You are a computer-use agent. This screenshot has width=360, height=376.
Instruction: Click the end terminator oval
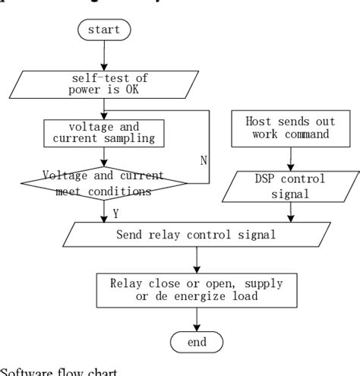pyautogui.click(x=196, y=342)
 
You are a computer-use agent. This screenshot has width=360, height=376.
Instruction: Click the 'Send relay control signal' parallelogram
pyautogui.click(x=196, y=234)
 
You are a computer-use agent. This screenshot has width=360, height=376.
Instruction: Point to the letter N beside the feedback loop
pyautogui.click(x=203, y=161)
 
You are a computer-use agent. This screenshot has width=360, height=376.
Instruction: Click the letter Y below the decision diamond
pyautogui.click(x=115, y=214)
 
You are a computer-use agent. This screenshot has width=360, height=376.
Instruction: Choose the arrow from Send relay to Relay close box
pyautogui.click(x=196, y=259)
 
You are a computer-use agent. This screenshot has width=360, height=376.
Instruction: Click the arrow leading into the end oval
pyautogui.click(x=196, y=320)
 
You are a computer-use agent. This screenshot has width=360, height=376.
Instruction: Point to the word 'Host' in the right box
pyautogui.click(x=259, y=121)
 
